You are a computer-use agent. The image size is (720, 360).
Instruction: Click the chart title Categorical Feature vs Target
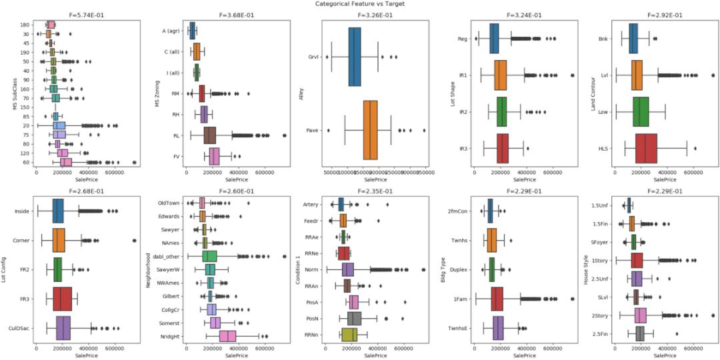coord(360,4)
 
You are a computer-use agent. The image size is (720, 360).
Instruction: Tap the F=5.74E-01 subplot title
coord(70,14)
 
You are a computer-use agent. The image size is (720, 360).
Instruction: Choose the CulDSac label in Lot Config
coord(25,327)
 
